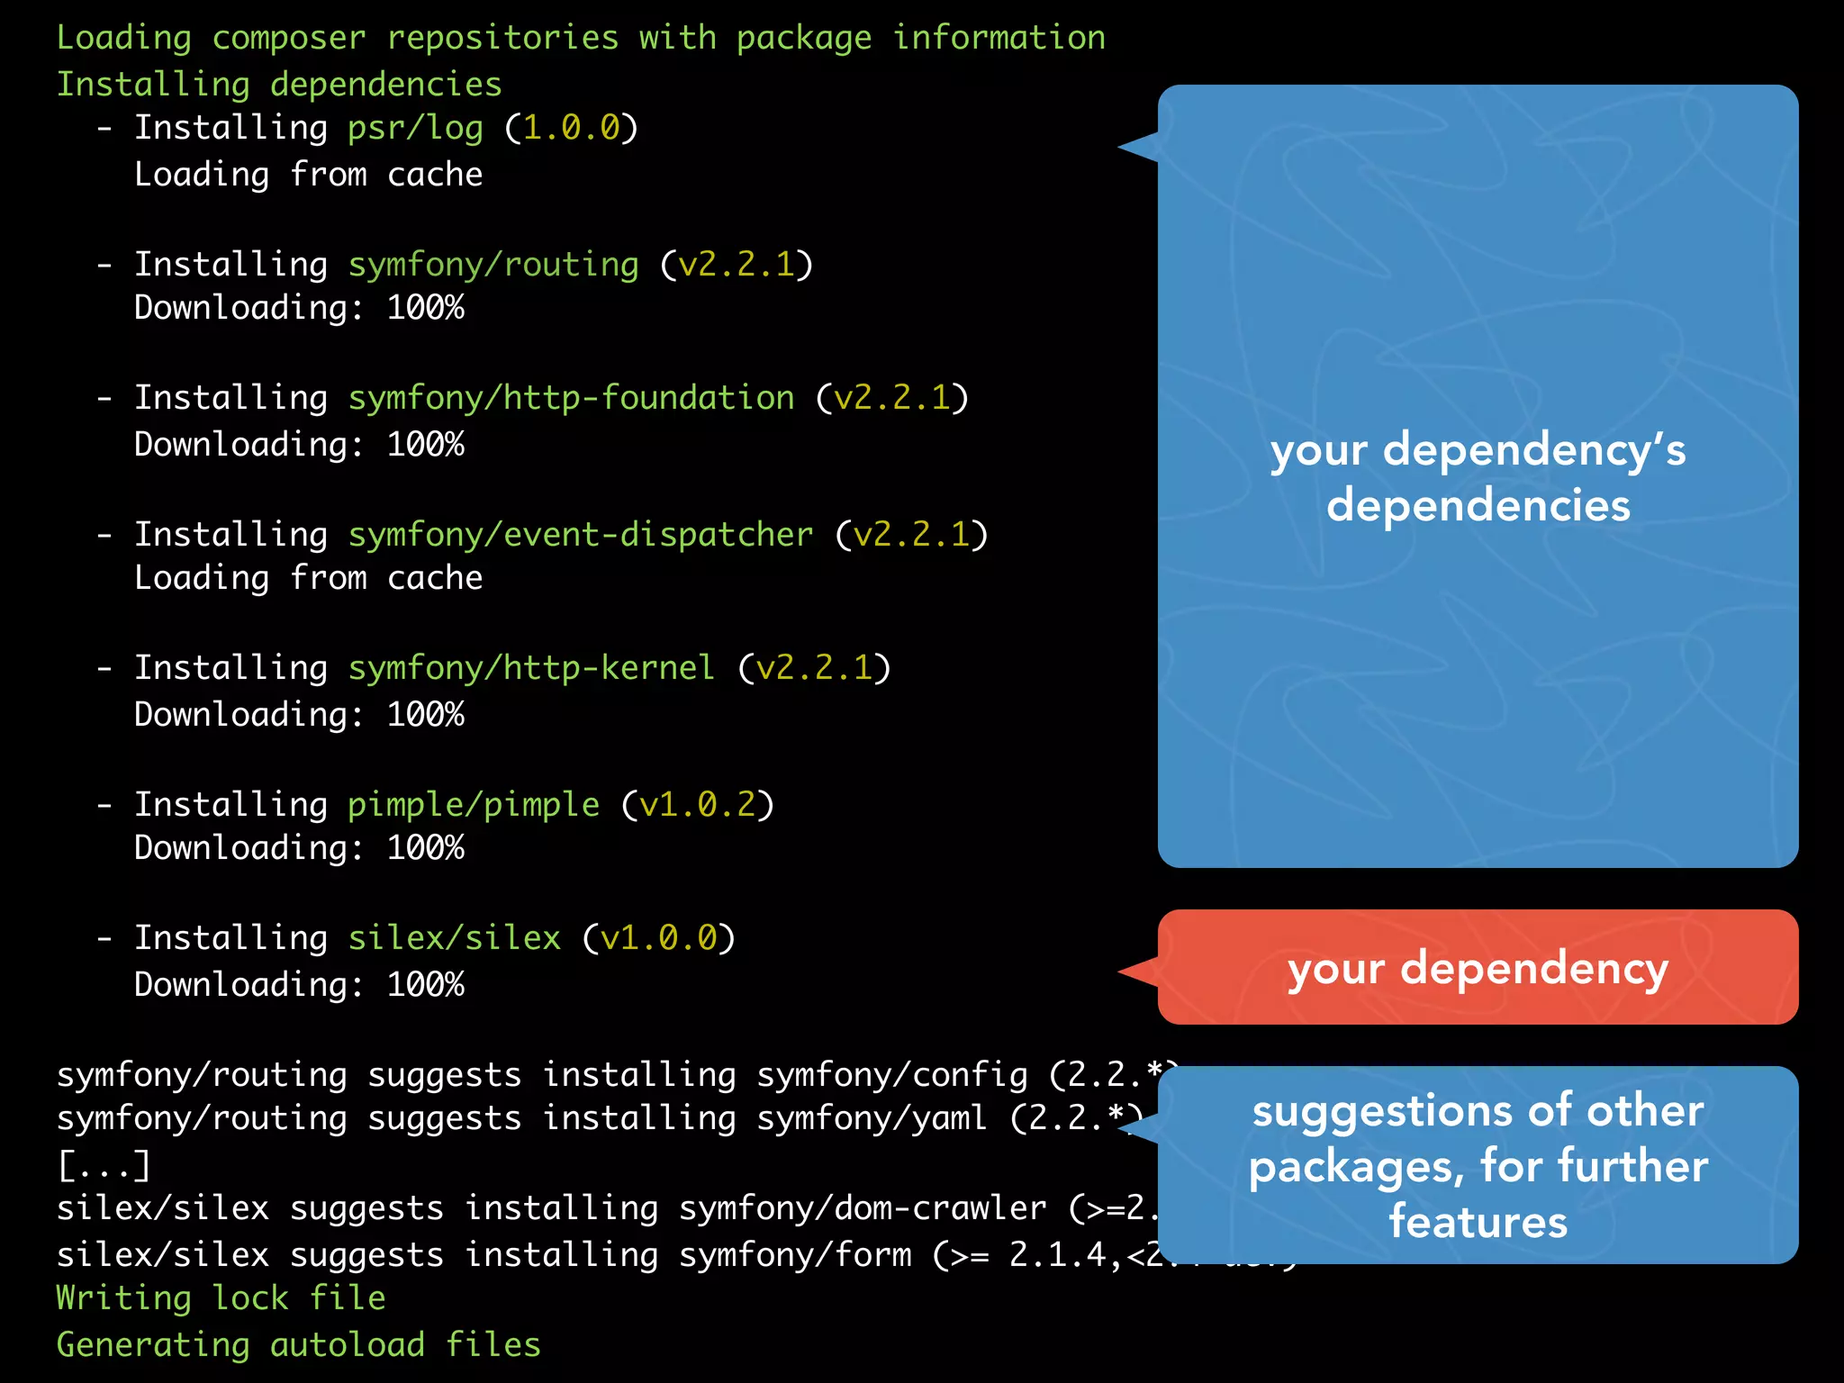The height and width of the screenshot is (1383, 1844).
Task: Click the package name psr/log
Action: coord(415,129)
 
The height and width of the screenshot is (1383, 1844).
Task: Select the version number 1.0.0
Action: coord(571,129)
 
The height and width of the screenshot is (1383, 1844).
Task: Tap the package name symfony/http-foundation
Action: coord(571,398)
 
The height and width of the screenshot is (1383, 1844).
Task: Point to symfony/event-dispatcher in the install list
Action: coord(581,535)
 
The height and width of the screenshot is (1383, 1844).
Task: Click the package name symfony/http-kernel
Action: coord(531,668)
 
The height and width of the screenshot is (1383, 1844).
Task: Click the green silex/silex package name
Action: coord(455,938)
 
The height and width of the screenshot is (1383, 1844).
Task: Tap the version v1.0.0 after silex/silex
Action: coord(658,938)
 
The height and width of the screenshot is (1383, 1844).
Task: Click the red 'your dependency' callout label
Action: coord(1478,969)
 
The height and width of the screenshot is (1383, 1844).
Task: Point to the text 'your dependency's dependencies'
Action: coord(1478,477)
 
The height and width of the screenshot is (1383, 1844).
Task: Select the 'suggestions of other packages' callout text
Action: coord(1478,1165)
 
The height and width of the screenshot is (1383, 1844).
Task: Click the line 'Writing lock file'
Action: coord(221,1298)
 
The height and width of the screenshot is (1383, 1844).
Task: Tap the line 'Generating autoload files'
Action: coord(298,1345)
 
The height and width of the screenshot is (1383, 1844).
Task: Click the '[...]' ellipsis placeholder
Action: coord(104,1165)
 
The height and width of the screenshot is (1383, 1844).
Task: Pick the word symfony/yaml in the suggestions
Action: coord(872,1118)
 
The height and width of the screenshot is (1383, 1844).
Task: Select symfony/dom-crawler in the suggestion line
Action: coord(863,1208)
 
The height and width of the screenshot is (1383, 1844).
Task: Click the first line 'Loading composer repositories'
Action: coord(581,38)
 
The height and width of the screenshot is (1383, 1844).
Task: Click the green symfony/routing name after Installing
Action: coord(493,265)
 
